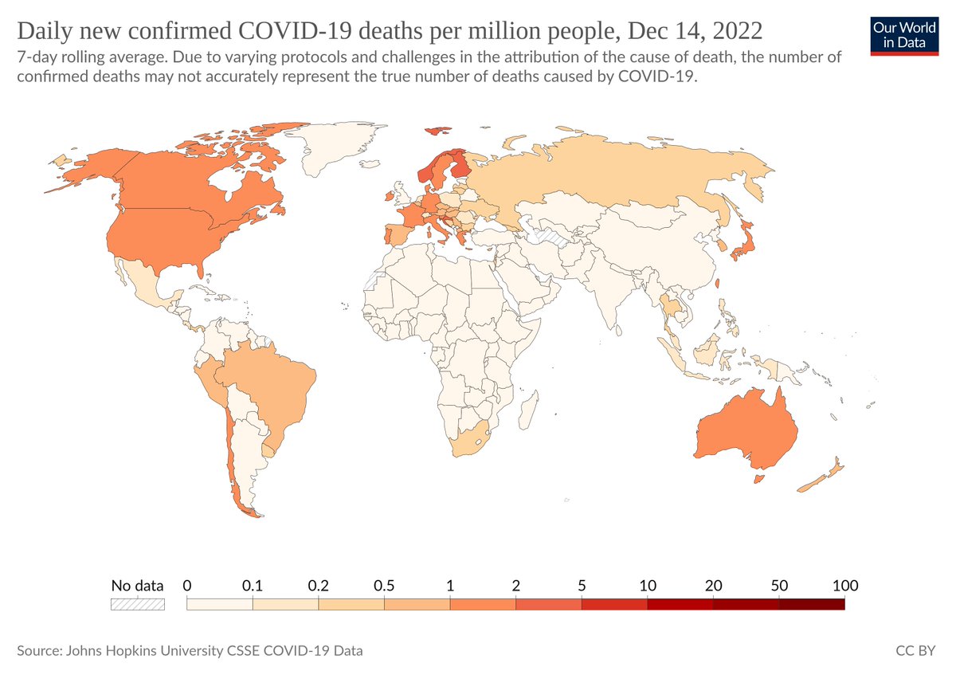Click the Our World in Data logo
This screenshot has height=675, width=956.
pos(905,36)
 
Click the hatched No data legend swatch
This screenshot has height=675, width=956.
pos(137,604)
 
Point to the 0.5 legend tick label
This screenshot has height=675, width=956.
pos(384,586)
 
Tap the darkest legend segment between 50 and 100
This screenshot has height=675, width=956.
pos(811,604)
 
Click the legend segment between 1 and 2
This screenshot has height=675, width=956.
pos(483,604)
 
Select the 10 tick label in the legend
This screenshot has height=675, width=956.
pos(648,586)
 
